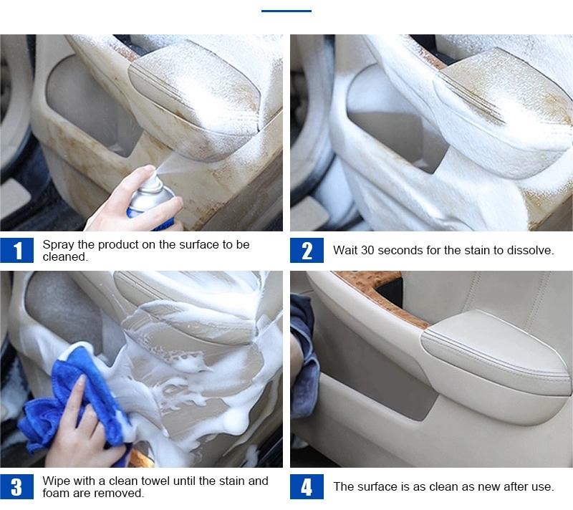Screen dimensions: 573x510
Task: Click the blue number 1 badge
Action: [x=16, y=250]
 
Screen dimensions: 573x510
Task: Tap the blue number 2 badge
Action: [x=307, y=250]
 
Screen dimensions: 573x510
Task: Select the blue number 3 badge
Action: [x=16, y=486]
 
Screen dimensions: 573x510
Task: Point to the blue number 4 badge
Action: [x=307, y=486]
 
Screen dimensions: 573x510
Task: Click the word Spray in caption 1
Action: [x=58, y=245]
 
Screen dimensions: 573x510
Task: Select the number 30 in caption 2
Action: [x=367, y=250]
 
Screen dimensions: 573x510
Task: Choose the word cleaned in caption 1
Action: [x=65, y=257]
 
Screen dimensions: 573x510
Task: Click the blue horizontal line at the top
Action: [x=286, y=11]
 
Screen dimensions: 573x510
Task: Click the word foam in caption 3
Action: [x=56, y=494]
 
